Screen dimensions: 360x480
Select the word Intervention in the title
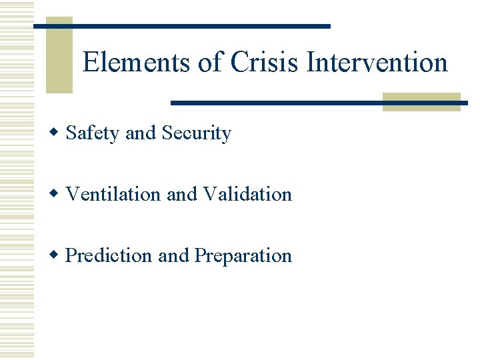tap(377, 63)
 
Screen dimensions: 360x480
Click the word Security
tap(196, 133)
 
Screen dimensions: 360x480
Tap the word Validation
tap(247, 195)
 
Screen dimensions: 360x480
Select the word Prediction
tap(109, 256)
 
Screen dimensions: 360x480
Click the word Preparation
tap(243, 256)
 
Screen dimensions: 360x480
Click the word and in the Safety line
tap(140, 133)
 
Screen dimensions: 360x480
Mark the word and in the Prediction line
tap(173, 256)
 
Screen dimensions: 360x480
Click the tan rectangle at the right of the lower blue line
tap(421, 101)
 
